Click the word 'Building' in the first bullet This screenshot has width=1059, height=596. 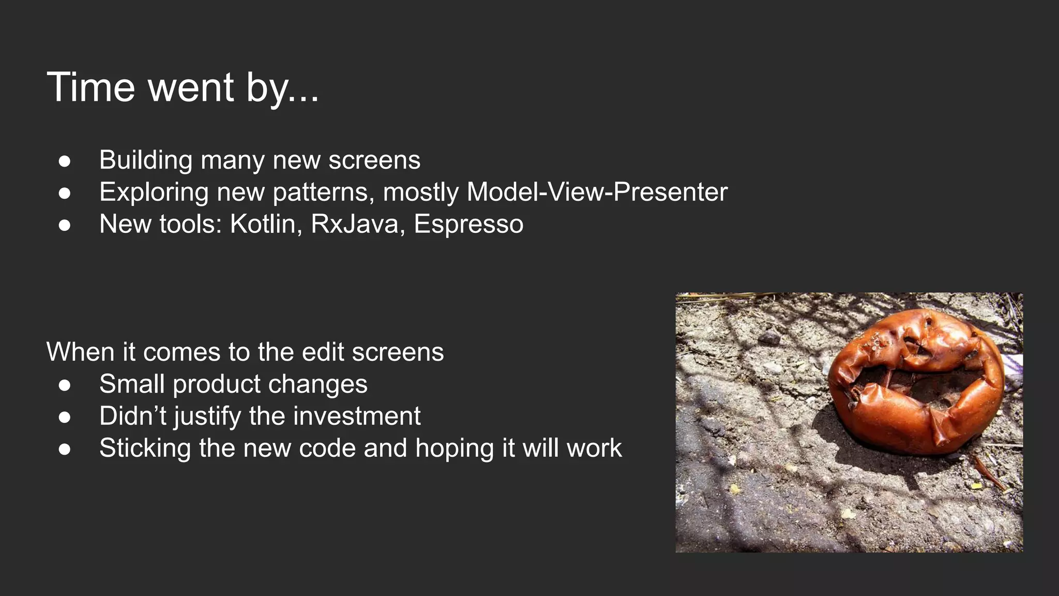coord(146,160)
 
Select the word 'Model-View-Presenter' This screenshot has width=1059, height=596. coord(597,192)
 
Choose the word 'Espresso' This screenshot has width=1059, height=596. coord(468,224)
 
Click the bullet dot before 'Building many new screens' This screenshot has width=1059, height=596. coord(65,161)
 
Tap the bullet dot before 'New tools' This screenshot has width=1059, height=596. coord(65,225)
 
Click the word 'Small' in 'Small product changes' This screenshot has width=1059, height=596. coord(132,384)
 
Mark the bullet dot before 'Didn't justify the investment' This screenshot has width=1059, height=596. coord(65,417)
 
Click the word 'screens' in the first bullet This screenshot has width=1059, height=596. coord(374,160)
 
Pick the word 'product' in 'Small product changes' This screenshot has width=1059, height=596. coord(217,385)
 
